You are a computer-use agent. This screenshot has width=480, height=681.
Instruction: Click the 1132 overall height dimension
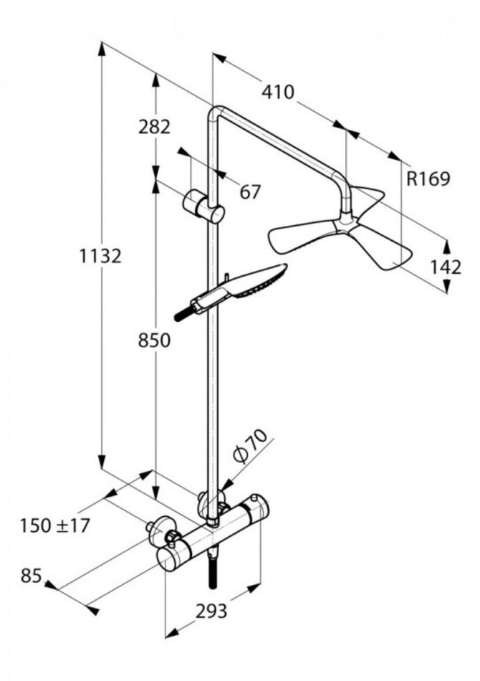click(x=100, y=255)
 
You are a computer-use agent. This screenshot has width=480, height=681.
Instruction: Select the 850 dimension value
click(x=154, y=340)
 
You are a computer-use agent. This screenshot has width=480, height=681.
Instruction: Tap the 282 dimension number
click(x=154, y=127)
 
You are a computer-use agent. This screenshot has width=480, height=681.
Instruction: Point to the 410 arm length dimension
click(x=278, y=92)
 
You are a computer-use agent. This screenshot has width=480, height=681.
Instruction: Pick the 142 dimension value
click(x=446, y=267)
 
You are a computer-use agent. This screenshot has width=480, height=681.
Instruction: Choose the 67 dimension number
click(x=250, y=192)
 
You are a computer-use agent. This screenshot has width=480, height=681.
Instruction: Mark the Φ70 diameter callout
click(x=250, y=445)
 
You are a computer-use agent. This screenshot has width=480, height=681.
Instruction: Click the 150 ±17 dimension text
click(x=55, y=525)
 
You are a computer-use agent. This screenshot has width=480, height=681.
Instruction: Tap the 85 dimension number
click(x=31, y=575)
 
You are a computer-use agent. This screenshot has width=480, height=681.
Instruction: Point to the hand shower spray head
click(x=258, y=283)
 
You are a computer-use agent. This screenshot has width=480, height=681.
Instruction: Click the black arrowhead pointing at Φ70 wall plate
click(x=223, y=487)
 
